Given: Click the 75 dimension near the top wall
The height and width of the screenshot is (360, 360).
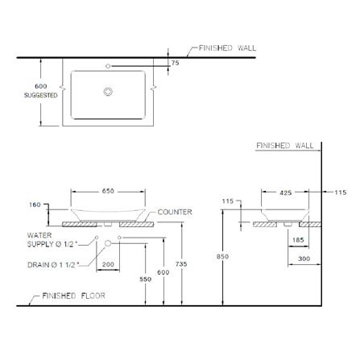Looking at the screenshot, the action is [x=175, y=63].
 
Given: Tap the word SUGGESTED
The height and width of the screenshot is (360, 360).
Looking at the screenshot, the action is [x=41, y=95].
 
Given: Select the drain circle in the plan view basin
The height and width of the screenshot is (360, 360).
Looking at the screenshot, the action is [x=108, y=92].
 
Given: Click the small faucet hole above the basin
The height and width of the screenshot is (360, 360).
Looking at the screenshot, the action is [x=108, y=66].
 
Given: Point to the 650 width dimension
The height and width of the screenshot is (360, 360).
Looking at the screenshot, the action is [x=108, y=191].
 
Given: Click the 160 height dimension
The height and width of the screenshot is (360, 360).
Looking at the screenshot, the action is [x=35, y=205].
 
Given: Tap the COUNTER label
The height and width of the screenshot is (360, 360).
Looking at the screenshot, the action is [x=175, y=212].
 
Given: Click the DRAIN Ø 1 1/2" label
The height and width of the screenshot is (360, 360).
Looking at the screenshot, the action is [x=53, y=265].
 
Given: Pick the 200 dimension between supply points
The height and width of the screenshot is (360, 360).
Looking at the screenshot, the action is [x=108, y=264].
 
